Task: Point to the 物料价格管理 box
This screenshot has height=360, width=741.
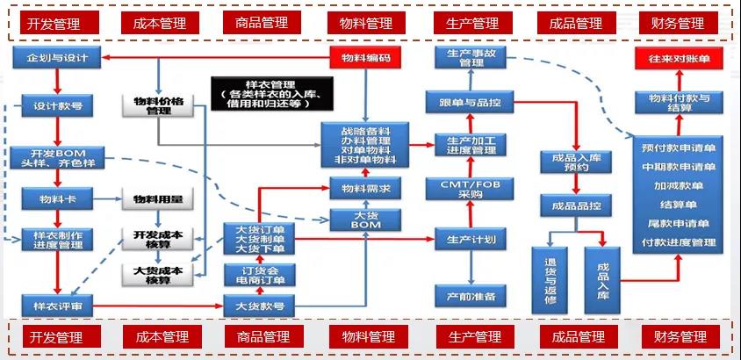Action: click(158, 106)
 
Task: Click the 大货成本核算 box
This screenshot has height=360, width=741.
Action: click(158, 275)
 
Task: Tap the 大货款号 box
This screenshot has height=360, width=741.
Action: click(260, 306)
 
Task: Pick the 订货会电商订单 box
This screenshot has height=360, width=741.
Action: click(260, 274)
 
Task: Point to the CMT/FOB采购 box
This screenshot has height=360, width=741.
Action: click(471, 189)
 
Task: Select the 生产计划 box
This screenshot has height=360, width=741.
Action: click(471, 239)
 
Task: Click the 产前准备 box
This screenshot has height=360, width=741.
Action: click(471, 296)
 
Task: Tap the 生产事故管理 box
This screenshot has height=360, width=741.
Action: click(471, 59)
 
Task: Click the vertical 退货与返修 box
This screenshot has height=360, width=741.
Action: click(550, 279)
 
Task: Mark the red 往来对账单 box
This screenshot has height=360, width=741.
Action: click(679, 59)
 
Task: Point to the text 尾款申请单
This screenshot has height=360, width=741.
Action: click(679, 225)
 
